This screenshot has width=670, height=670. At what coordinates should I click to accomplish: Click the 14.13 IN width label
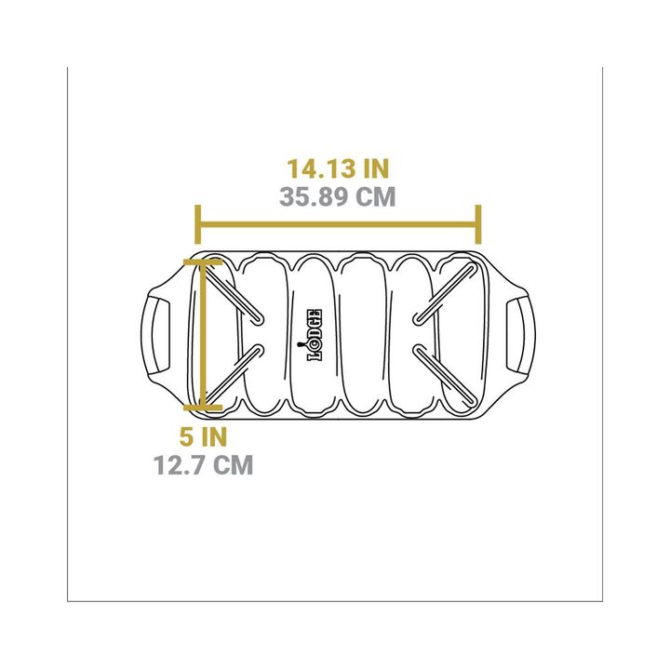(338, 168)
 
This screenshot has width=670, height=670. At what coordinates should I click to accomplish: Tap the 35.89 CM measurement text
(338, 197)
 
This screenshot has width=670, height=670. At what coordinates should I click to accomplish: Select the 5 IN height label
(203, 436)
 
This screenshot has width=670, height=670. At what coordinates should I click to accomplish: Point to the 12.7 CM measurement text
(204, 464)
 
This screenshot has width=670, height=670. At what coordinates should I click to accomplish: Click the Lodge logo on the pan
(315, 335)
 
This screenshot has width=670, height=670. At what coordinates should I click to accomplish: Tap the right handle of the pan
(520, 335)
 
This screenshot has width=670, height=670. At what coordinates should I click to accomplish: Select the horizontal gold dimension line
(339, 224)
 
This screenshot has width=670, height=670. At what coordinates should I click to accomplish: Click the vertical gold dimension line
(203, 334)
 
